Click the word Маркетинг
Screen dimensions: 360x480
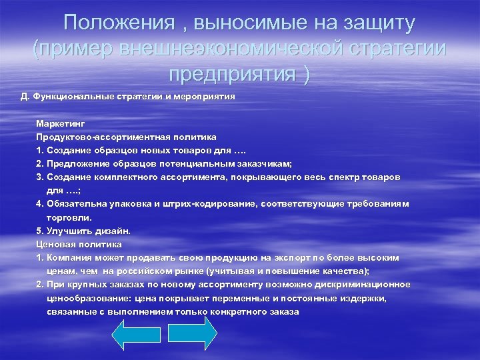[x=61, y=124]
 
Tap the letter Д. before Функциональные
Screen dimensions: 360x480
[x=25, y=96]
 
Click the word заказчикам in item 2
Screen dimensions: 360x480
[x=265, y=164]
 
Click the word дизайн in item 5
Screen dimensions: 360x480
[x=112, y=231]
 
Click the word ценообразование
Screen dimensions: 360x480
[x=85, y=298]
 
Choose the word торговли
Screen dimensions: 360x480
[x=69, y=217]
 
